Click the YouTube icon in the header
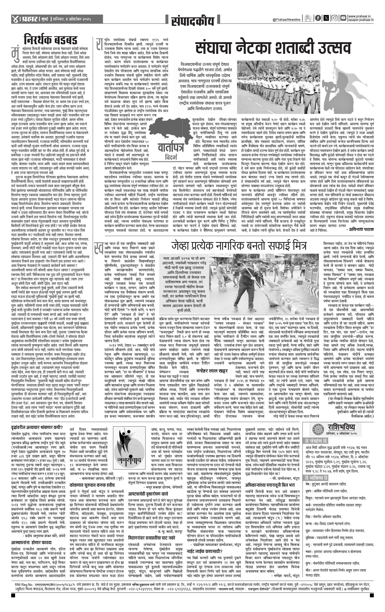coord(343,18)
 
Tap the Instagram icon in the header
coord(335,18)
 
